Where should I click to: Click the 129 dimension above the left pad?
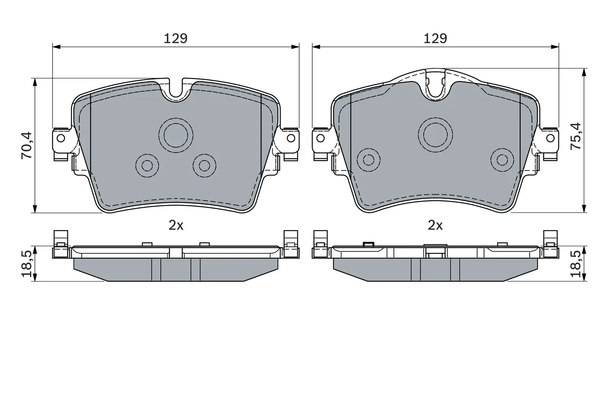[176, 38]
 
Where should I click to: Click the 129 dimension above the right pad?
[435, 38]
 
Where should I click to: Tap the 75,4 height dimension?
[576, 136]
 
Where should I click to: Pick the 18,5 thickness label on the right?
[576, 264]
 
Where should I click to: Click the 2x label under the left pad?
[176, 225]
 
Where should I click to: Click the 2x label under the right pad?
[435, 225]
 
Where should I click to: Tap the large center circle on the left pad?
[176, 134]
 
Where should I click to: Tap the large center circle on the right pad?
[435, 134]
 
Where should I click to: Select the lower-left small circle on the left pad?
[147, 165]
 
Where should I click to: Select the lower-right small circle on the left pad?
[204, 165]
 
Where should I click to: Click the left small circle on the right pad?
[368, 159]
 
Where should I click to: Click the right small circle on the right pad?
[502, 159]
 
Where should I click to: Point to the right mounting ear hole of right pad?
[550, 137]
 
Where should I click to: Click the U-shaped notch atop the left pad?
[176, 91]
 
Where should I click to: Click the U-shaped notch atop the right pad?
[435, 89]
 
